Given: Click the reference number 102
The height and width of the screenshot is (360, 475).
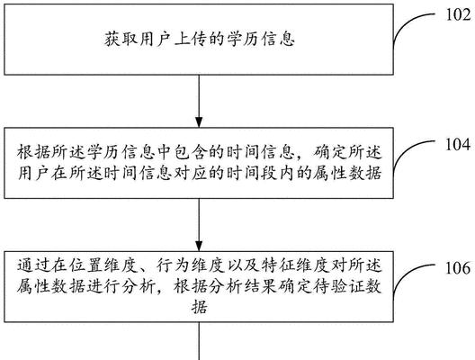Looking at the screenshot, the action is point(458,14).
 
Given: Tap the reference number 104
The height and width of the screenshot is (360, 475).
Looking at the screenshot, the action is point(458,144).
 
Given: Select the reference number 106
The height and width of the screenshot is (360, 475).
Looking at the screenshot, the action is point(458,268).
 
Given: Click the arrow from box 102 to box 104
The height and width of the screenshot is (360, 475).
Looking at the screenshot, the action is point(199,101).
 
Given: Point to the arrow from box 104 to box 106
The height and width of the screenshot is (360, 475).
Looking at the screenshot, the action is point(199,225).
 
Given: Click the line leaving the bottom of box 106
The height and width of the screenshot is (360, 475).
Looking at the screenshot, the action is point(199,341).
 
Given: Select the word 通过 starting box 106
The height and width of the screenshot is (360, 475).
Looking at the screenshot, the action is point(33,265).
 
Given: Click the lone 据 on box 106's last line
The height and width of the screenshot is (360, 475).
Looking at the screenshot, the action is point(199,308).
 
